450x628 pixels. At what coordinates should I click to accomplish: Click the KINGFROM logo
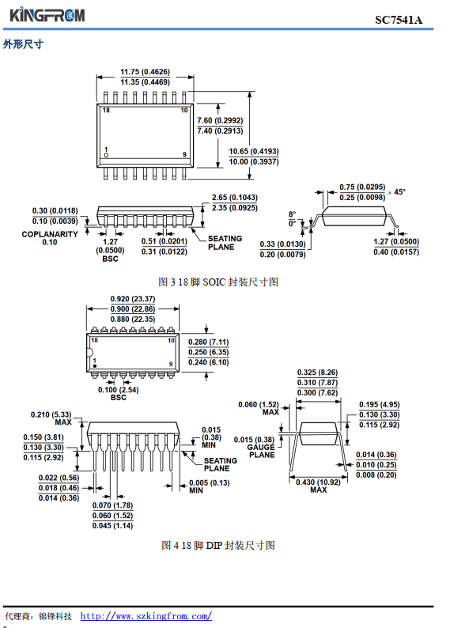pyautogui.click(x=47, y=15)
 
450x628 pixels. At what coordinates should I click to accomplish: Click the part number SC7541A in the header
pyautogui.click(x=399, y=20)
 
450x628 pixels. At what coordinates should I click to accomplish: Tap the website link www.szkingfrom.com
pyautogui.click(x=146, y=615)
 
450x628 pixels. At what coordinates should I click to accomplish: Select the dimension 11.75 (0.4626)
pyautogui.click(x=146, y=72)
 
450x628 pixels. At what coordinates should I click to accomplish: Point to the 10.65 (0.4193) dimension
pyautogui.click(x=254, y=151)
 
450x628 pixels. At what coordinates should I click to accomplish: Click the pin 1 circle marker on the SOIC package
pyautogui.click(x=106, y=154)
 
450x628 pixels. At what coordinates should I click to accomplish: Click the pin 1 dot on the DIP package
pyautogui.click(x=95, y=366)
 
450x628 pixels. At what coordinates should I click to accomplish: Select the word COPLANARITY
pyautogui.click(x=50, y=234)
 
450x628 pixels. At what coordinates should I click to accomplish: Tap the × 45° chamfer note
pyautogui.click(x=397, y=192)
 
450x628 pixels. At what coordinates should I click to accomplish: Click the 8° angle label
pyautogui.click(x=293, y=214)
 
